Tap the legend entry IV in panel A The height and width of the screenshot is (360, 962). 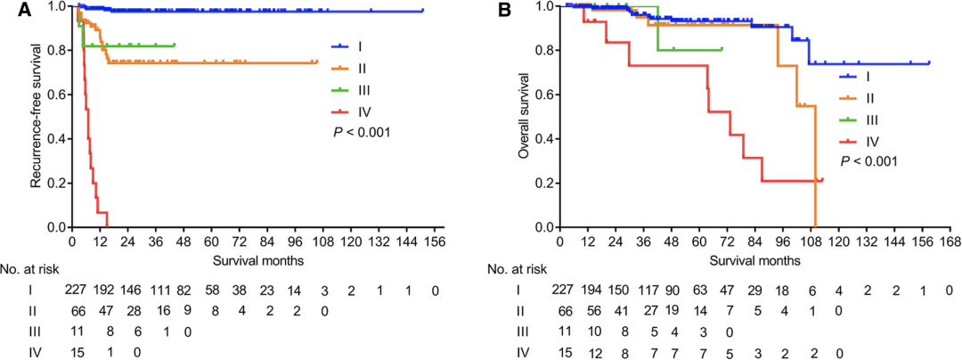[x=363, y=112]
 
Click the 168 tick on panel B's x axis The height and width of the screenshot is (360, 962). [x=950, y=241]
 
